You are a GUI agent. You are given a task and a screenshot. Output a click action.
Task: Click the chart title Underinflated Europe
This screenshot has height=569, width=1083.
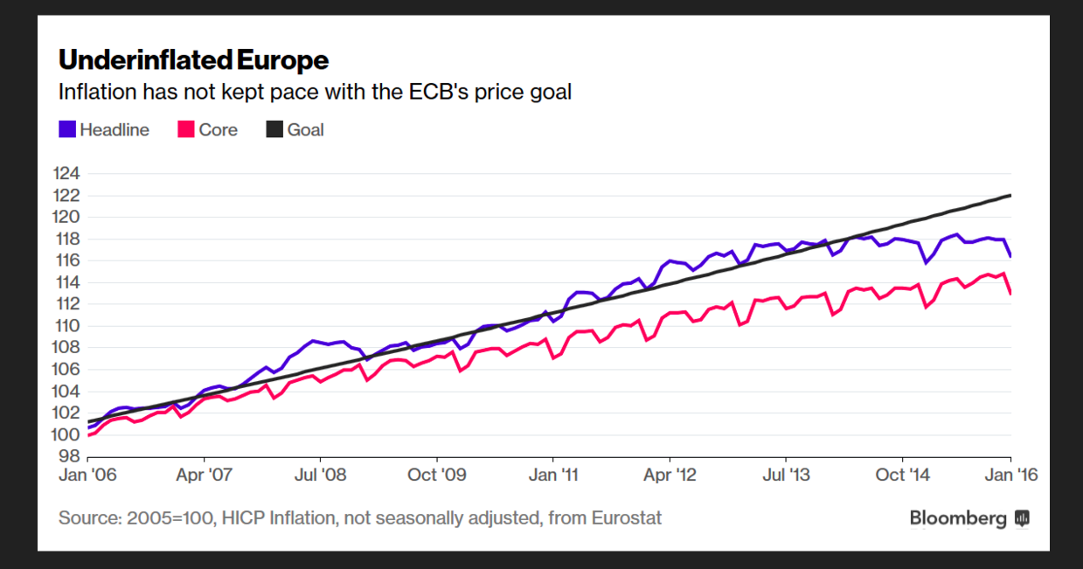(193, 60)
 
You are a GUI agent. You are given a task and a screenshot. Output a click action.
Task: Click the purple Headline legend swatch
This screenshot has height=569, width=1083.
(66, 129)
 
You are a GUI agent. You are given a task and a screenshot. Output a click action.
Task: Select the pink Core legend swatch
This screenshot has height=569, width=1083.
(185, 129)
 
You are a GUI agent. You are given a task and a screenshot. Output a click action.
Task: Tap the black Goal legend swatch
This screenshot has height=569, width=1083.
(274, 129)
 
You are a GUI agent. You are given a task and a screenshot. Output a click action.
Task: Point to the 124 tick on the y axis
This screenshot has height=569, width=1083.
(66, 173)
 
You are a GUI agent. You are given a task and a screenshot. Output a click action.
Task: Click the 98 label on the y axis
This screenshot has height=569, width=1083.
(70, 456)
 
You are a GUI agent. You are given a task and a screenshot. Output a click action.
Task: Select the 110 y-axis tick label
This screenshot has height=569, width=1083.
(66, 325)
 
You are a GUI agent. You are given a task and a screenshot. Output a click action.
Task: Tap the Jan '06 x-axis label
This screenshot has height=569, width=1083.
(87, 475)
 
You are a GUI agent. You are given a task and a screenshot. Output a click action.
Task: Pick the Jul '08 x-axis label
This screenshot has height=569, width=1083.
(320, 475)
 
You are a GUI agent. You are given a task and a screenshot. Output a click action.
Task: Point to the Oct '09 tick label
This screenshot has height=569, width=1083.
(436, 475)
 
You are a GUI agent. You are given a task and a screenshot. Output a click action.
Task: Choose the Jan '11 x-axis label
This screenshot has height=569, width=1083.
(552, 475)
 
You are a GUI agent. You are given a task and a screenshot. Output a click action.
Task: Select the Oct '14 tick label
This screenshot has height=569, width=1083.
(902, 475)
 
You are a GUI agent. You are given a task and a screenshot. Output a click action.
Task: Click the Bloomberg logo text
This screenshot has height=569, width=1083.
(958, 518)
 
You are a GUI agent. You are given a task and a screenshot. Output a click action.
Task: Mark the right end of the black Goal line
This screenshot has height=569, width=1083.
(1010, 195)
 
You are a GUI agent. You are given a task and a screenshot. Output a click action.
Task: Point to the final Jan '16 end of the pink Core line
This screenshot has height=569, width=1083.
(1010, 293)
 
